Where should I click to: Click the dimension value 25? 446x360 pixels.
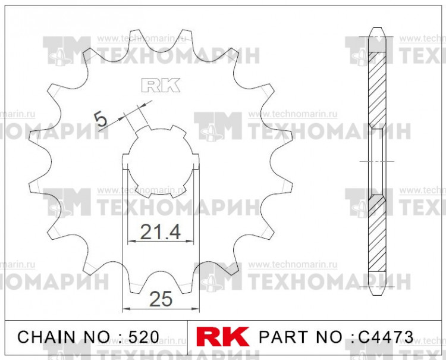(x=161, y=300)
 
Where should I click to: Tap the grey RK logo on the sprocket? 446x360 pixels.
(x=160, y=86)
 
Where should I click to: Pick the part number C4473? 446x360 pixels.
(x=385, y=337)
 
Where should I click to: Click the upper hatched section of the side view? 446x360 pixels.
(x=377, y=89)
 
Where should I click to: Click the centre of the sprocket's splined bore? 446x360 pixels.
(x=159, y=161)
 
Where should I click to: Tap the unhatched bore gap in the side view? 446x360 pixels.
(x=377, y=161)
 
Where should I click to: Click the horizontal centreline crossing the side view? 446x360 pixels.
(x=377, y=161)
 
